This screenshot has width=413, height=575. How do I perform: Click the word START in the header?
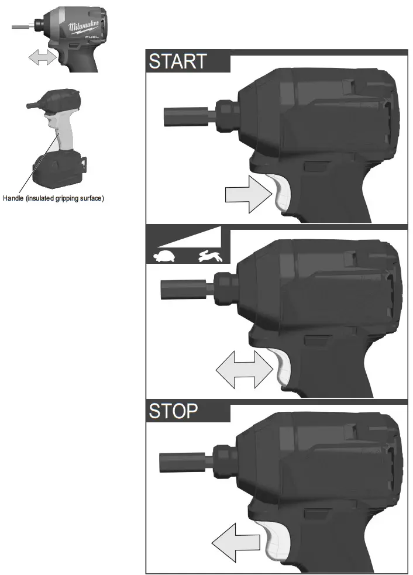178,61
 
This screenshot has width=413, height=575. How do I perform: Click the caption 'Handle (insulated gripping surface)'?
53,198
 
